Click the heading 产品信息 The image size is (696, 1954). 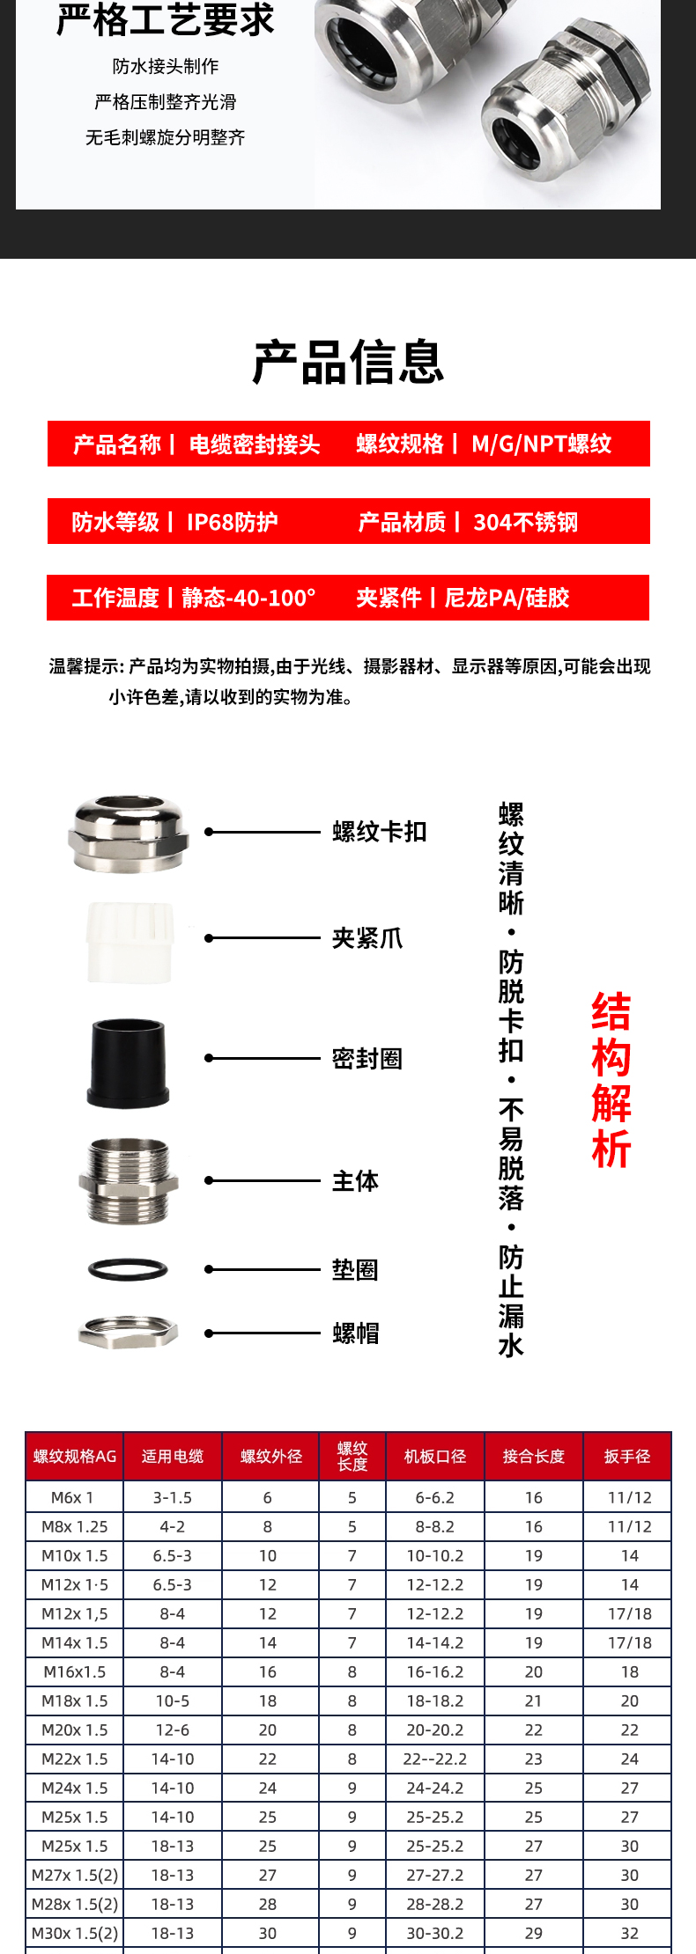tap(348, 362)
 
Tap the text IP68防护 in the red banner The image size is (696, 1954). tap(233, 522)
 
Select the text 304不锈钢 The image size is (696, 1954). tap(526, 522)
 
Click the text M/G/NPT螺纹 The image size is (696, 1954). tap(542, 444)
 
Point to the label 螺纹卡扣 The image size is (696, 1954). tap(380, 832)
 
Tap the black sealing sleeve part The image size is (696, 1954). tap(129, 1062)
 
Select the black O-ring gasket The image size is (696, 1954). tap(128, 1269)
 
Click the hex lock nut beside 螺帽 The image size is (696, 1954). tap(129, 1333)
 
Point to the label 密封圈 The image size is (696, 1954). tap(367, 1058)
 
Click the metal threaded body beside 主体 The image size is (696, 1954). tap(129, 1181)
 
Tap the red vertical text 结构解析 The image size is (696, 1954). tap(611, 1080)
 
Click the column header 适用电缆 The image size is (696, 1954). tap(173, 1457)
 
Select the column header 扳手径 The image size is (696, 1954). tap(627, 1457)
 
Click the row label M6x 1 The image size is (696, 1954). tap(72, 1497)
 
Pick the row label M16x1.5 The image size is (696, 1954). tap(75, 1671)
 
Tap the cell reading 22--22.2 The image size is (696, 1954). tap(435, 1759)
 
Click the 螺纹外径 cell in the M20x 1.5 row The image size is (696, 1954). tap(268, 1730)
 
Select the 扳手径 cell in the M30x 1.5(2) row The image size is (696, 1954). tap(630, 1933)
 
